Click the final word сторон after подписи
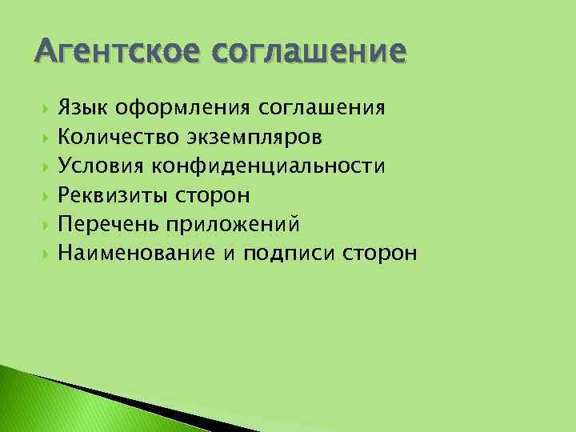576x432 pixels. point(379,254)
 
